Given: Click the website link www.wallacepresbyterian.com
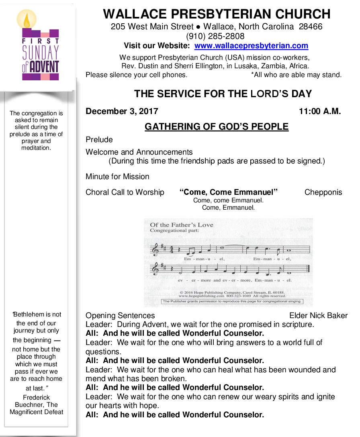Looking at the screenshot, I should pos(251,46).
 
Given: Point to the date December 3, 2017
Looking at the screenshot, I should pos(122,111).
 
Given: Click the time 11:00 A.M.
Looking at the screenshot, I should pos(319,111).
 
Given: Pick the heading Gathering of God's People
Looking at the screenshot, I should pos(217,127).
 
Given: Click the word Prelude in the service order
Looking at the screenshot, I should pos(99,140).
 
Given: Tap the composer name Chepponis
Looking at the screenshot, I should pos(323,192).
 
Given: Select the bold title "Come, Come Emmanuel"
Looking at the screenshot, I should pos(229,192).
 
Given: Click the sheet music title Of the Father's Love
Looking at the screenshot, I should pos(182,225).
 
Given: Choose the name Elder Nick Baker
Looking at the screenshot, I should pos(318,316).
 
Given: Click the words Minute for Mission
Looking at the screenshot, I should pos(117,176).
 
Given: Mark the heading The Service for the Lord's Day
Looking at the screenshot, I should pos(223,94).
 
